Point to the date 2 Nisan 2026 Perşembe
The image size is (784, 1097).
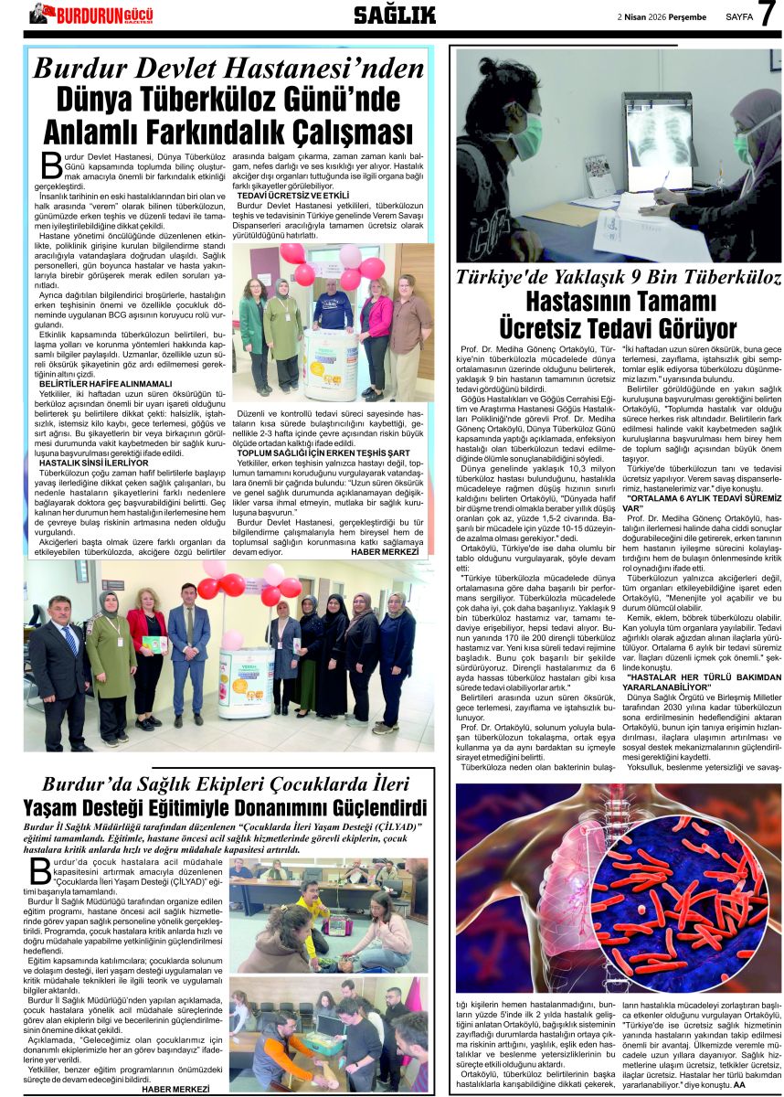click(x=662, y=16)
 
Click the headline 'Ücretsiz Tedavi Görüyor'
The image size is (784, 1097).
click(x=618, y=328)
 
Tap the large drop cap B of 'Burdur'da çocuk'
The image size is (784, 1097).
click(x=40, y=870)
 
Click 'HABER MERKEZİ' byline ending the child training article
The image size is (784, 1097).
click(x=175, y=1089)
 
